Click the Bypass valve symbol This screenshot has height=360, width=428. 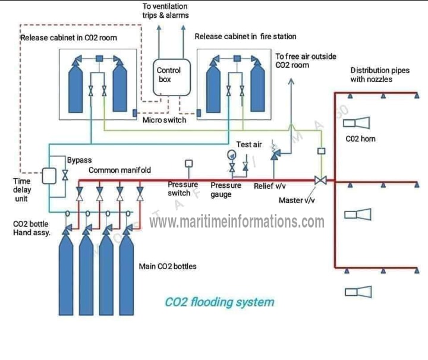tap(65, 176)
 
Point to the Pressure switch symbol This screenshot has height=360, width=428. tap(189, 164)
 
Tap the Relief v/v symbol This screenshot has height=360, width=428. tap(274, 153)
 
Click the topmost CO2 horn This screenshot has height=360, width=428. tap(358, 123)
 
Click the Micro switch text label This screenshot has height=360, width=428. tap(164, 120)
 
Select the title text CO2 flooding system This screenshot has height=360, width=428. tap(219, 302)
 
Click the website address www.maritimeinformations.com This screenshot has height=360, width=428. tap(237, 222)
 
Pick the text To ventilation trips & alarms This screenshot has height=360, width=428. tap(165, 11)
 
